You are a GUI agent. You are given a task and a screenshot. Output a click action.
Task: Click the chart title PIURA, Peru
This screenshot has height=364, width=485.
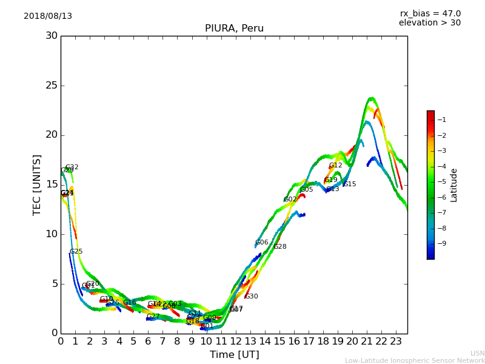[x=234, y=29]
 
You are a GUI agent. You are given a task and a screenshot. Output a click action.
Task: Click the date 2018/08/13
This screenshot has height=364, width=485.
[x=48, y=16]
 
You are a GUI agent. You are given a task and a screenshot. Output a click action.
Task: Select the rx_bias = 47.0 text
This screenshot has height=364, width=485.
[x=430, y=14]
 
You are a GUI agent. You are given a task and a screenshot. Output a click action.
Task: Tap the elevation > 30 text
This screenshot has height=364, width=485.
[x=429, y=23]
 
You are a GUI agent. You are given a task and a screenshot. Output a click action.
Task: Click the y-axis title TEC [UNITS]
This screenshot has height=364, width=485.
[x=38, y=184]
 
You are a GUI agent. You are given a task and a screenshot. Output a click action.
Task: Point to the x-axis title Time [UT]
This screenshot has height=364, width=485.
[x=234, y=355]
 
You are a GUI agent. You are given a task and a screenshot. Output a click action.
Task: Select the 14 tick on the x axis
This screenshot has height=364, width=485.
[x=264, y=342]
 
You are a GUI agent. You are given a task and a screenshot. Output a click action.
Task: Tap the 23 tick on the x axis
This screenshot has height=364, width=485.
[x=396, y=342]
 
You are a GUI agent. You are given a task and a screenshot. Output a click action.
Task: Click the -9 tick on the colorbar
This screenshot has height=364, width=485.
[x=442, y=243]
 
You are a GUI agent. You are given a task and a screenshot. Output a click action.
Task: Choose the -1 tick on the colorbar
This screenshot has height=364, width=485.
[x=442, y=120]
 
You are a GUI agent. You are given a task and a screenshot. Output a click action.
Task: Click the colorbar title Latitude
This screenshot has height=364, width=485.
[x=454, y=185]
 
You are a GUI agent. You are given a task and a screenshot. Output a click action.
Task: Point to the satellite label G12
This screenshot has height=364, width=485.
[x=336, y=166]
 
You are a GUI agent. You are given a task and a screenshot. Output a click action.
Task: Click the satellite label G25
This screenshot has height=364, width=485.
[x=76, y=252]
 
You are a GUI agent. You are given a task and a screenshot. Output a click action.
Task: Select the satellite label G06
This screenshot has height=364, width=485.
[x=262, y=243]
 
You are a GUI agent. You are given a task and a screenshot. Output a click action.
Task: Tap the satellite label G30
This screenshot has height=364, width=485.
[x=252, y=297]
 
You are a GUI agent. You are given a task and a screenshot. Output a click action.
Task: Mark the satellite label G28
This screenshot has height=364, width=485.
[x=280, y=247]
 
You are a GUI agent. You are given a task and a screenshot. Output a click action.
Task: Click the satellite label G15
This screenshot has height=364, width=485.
[x=350, y=184]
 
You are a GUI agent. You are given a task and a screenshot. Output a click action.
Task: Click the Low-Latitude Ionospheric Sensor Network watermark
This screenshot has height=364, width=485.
[x=415, y=361]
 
